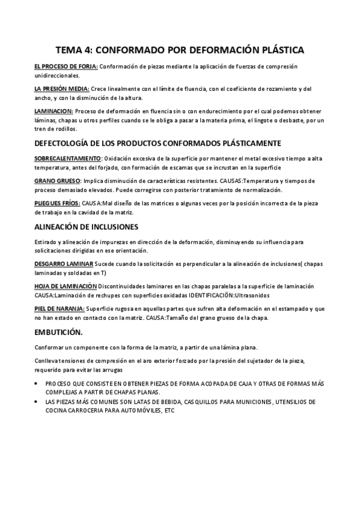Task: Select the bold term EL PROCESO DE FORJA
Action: tap(66, 66)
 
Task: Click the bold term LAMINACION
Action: tap(53, 111)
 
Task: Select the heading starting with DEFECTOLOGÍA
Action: tap(158, 144)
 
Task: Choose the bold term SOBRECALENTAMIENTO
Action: tap(68, 158)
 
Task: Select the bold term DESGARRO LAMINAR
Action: tap(64, 263)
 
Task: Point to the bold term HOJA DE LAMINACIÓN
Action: tap(66, 286)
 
